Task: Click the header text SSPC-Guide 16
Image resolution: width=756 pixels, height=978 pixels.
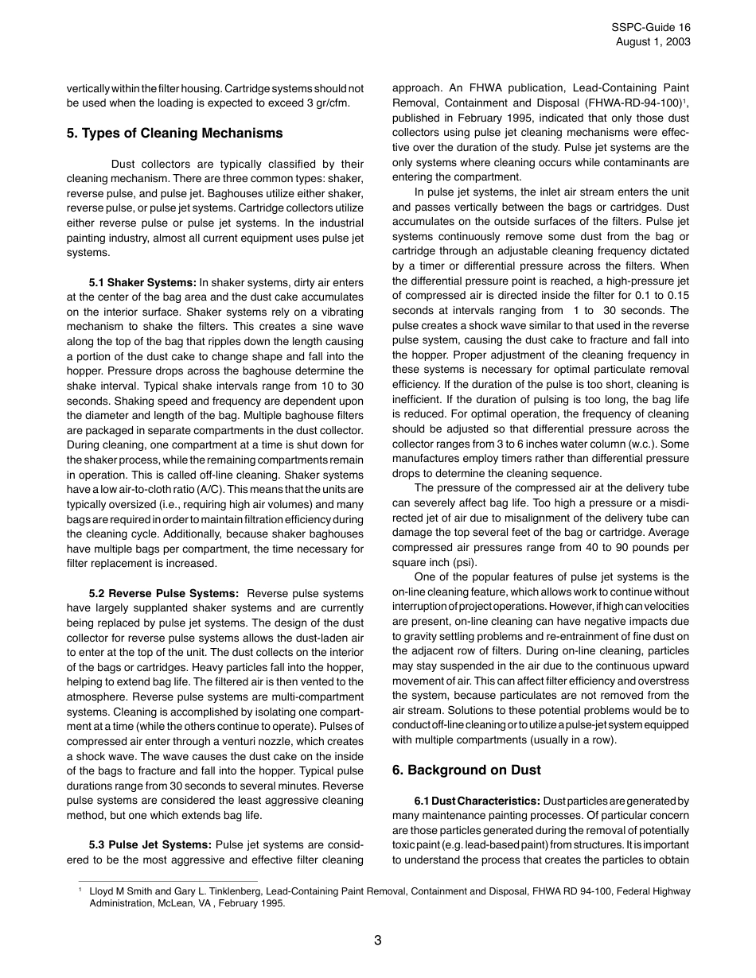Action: (651, 27)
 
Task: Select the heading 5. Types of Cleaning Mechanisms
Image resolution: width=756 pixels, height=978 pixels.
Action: (174, 133)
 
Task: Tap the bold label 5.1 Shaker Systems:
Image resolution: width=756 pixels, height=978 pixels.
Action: (142, 282)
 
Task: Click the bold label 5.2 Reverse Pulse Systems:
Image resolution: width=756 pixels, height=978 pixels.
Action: (164, 593)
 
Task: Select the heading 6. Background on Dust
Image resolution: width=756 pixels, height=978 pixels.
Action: (466, 770)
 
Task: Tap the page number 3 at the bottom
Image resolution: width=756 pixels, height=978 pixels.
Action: (378, 941)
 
